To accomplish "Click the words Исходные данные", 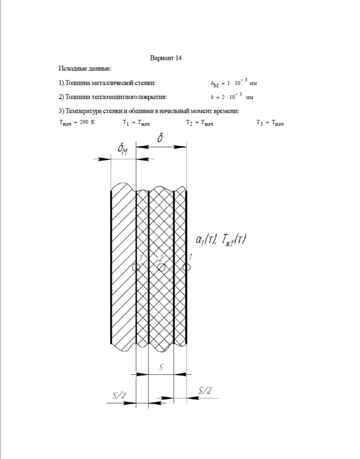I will pyautogui.click(x=85, y=69).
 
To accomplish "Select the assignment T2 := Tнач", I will pyautogui.click(x=199, y=123).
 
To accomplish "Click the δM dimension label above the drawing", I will pyautogui.click(x=123, y=149).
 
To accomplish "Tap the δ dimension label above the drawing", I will pyautogui.click(x=161, y=139).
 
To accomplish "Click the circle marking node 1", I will pyautogui.click(x=187, y=267).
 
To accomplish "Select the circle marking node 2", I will pyautogui.click(x=161, y=267).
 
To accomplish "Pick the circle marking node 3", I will pyautogui.click(x=136, y=267).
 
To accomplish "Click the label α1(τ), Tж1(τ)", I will pyautogui.click(x=220, y=239).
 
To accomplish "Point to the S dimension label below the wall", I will pyautogui.click(x=161, y=367).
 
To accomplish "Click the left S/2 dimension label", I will pyautogui.click(x=119, y=396).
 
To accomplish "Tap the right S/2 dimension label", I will pyautogui.click(x=205, y=390).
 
